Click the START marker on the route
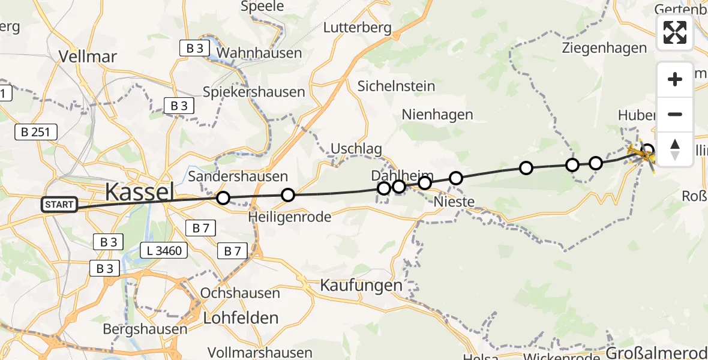point(59,205)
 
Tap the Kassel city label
point(139,192)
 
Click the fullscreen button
point(675,32)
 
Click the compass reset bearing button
point(675,149)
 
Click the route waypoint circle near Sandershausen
point(223,197)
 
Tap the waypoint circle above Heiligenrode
point(288,195)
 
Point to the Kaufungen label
point(361,285)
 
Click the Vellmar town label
point(88,56)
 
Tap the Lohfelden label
point(241,317)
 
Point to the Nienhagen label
point(437,114)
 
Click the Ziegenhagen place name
point(604,49)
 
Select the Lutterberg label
point(357,28)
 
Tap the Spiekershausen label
point(254,92)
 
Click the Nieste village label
point(454,202)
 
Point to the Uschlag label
point(356,149)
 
